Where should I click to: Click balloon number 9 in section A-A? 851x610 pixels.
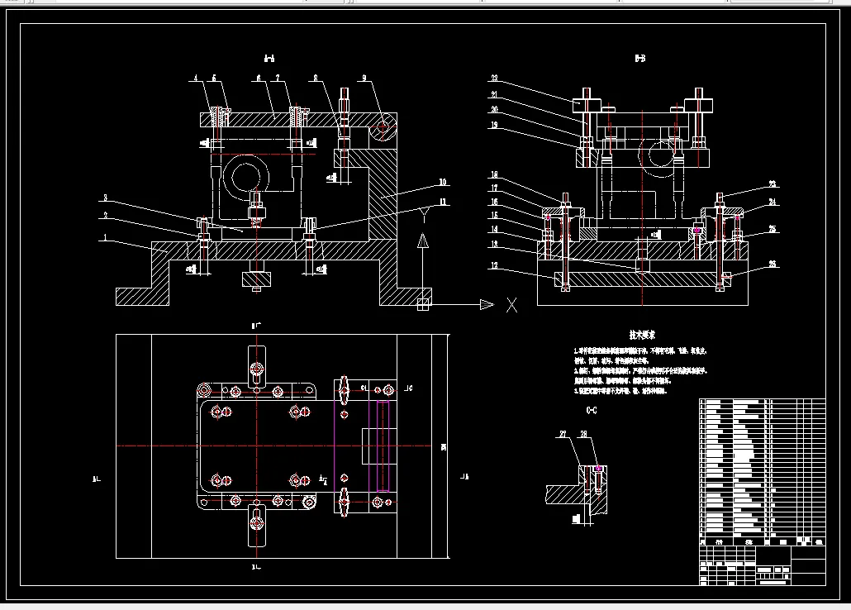(x=363, y=79)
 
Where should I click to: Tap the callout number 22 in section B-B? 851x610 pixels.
(x=494, y=79)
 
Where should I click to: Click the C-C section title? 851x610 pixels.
(x=592, y=410)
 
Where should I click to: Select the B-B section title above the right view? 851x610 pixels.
(x=640, y=60)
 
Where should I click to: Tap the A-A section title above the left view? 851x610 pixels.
(x=269, y=60)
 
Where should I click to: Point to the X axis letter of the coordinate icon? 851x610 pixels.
(x=511, y=305)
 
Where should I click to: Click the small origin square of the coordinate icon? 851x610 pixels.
(x=423, y=304)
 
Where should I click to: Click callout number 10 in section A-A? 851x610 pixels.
(x=444, y=182)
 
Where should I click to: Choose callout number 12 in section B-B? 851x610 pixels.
(x=494, y=265)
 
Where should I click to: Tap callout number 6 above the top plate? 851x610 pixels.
(x=258, y=79)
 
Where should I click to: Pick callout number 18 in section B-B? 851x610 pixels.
(x=494, y=175)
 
